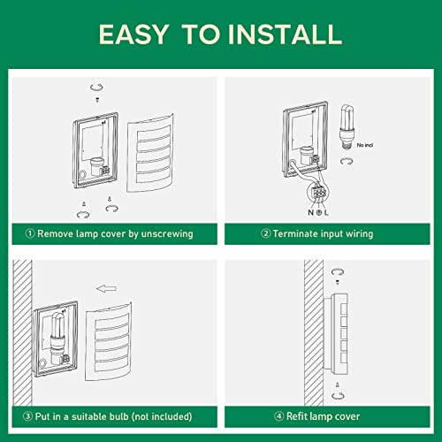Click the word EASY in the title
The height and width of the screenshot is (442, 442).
(x=134, y=34)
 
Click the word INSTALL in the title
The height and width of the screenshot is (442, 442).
(x=286, y=34)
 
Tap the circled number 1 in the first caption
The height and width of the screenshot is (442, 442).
(x=30, y=233)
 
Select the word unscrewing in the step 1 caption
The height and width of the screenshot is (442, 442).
(x=167, y=234)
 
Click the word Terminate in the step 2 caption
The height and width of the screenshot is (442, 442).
(x=295, y=233)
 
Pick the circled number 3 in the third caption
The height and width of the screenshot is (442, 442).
(x=27, y=416)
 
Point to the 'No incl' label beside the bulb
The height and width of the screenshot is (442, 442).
(x=365, y=145)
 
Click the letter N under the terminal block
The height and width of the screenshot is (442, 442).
(x=310, y=212)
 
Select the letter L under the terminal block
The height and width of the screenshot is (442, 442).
(x=326, y=212)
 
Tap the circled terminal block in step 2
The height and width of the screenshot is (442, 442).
(x=318, y=193)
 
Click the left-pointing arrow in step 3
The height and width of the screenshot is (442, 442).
(x=106, y=288)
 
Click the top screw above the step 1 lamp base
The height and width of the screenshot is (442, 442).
(x=97, y=100)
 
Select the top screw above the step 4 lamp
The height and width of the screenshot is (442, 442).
(x=338, y=282)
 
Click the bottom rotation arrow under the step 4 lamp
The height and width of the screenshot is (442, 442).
(x=338, y=395)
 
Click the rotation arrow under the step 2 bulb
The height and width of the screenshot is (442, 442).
(x=347, y=161)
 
